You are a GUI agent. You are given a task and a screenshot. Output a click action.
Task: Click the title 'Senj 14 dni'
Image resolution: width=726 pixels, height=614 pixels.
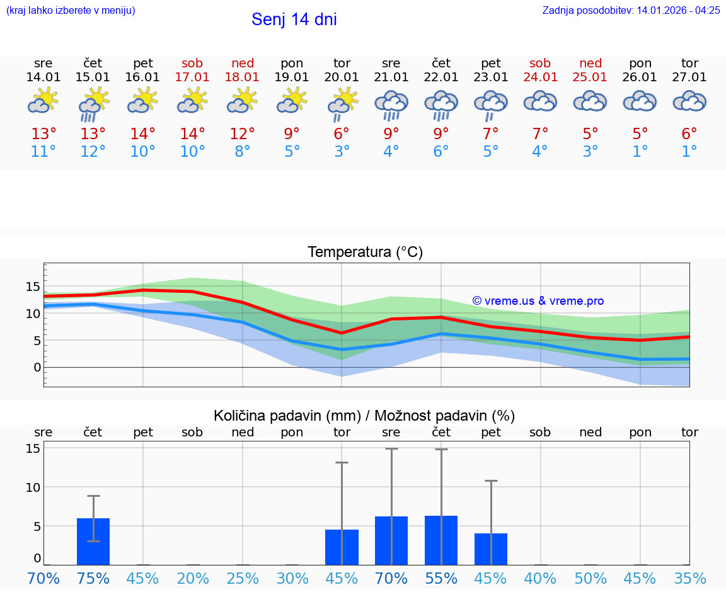(x=294, y=20)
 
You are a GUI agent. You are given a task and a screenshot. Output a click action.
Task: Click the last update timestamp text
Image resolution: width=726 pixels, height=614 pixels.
(x=631, y=11)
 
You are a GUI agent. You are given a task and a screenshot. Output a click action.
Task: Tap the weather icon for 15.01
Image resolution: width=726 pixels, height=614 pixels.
(x=93, y=103)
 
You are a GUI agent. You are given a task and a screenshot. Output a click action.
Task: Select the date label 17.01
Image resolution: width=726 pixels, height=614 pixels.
(x=192, y=77)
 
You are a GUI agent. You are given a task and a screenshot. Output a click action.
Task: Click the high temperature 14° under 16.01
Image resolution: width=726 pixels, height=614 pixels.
(x=143, y=134)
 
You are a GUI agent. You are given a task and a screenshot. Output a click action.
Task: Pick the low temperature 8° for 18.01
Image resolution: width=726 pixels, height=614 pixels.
(x=243, y=152)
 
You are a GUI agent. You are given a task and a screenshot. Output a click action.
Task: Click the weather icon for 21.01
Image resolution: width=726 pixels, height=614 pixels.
(x=391, y=105)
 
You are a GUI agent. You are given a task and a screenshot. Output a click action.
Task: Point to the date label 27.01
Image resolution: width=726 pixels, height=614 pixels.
(x=689, y=77)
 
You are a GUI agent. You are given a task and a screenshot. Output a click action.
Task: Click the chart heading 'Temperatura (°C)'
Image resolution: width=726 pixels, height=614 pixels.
(x=365, y=253)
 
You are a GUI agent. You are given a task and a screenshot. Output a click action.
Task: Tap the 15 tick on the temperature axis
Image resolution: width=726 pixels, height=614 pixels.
(x=33, y=287)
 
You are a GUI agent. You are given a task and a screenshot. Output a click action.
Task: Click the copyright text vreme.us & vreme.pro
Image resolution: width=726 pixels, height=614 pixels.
(x=538, y=301)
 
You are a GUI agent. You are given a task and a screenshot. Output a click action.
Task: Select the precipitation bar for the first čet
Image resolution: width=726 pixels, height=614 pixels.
(x=93, y=542)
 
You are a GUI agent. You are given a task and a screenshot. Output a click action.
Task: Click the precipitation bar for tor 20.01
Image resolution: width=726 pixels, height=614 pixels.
(x=342, y=547)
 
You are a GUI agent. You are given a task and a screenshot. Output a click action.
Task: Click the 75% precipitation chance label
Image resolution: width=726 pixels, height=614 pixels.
(x=93, y=579)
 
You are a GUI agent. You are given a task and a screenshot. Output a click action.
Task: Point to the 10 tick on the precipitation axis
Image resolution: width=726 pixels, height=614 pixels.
(x=33, y=487)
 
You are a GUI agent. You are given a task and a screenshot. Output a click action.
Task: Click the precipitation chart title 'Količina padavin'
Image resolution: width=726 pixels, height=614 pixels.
(x=364, y=416)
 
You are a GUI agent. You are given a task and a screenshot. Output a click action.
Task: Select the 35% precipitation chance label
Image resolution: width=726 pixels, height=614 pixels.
(x=689, y=579)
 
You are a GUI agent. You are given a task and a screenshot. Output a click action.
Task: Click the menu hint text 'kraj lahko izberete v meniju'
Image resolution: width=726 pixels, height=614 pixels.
(x=71, y=11)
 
